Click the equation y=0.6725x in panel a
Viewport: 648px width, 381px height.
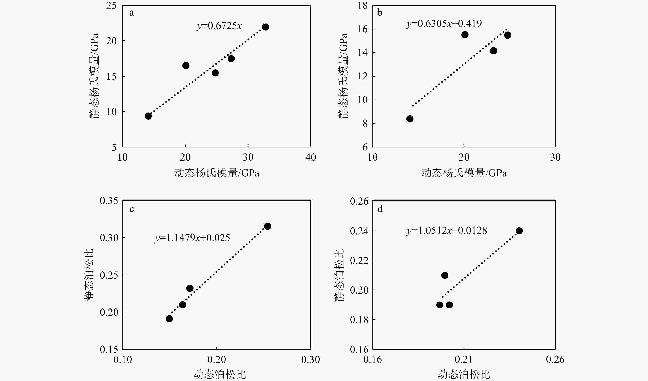(219, 26)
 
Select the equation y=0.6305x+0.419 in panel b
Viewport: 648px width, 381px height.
(444, 24)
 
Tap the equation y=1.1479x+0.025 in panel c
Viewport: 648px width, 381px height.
(192, 238)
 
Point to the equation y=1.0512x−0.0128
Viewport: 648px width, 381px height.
(447, 230)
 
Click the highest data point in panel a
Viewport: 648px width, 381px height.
(266, 27)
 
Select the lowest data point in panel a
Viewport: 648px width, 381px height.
(148, 116)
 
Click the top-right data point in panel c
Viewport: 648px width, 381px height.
(267, 226)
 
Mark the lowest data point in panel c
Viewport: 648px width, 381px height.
(169, 319)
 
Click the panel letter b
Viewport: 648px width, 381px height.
(380, 13)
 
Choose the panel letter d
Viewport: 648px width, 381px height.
(380, 209)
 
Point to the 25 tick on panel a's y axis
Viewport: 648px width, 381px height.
(111, 5)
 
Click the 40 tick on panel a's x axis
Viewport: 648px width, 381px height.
(311, 157)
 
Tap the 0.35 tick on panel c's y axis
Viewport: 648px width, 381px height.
(109, 200)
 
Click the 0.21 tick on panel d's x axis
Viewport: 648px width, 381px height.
(464, 359)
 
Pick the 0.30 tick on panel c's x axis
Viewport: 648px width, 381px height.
(311, 359)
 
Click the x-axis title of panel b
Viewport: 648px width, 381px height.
(464, 173)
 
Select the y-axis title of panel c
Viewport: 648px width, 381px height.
(89, 275)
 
